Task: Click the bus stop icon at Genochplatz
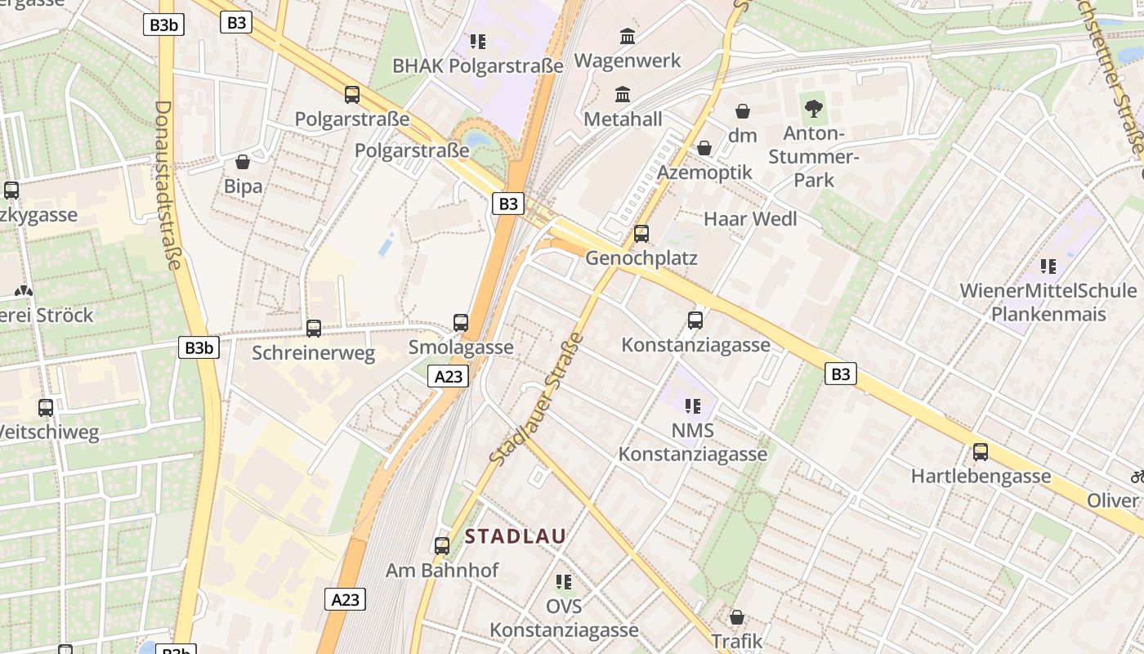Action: pyautogui.click(x=641, y=234)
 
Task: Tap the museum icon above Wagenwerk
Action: pyautogui.click(x=628, y=36)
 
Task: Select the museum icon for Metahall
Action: pyautogui.click(x=623, y=94)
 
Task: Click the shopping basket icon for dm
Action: pyautogui.click(x=743, y=111)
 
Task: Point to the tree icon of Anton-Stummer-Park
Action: pyautogui.click(x=813, y=107)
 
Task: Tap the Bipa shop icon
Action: pyautogui.click(x=243, y=162)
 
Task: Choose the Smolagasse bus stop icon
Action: pyautogui.click(x=461, y=323)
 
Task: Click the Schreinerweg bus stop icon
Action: pyautogui.click(x=314, y=329)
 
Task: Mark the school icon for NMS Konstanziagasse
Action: pyautogui.click(x=693, y=405)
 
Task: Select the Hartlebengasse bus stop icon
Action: pyautogui.click(x=981, y=451)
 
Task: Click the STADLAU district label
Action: pyautogui.click(x=516, y=536)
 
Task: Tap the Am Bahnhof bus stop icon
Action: pyautogui.click(x=442, y=545)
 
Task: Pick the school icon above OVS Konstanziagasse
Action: pyautogui.click(x=564, y=582)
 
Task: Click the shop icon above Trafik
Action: pyautogui.click(x=737, y=617)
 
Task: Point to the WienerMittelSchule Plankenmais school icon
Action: pyautogui.click(x=1048, y=266)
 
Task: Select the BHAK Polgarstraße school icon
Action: pyautogui.click(x=478, y=41)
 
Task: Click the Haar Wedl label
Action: pyautogui.click(x=750, y=218)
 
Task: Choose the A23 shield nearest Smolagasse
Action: pyautogui.click(x=449, y=376)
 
